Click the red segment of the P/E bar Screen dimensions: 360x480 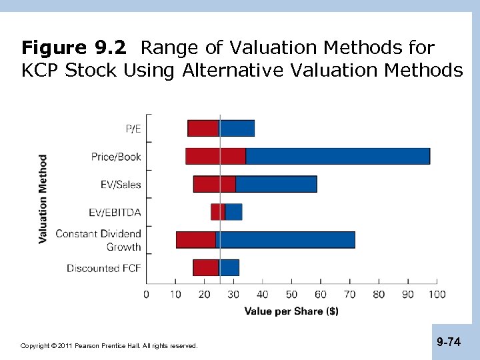[203, 128]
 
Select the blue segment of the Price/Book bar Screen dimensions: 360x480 [337, 156]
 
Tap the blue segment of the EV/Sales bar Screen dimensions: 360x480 [276, 184]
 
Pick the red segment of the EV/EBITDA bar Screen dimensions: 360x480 [217, 212]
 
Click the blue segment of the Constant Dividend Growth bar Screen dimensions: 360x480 [287, 239]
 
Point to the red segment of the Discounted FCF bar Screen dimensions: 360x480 [205, 267]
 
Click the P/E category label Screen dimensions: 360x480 [133, 129]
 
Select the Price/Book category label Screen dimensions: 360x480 [116, 157]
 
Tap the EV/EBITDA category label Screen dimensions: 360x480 [115, 213]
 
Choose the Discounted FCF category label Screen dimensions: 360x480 [104, 268]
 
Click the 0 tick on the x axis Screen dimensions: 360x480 [147, 294]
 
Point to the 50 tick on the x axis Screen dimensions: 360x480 [292, 294]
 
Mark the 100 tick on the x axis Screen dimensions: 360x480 [437, 294]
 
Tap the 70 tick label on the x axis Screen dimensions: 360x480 [350, 294]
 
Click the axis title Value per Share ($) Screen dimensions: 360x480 [291, 311]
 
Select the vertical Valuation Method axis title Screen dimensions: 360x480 [43, 199]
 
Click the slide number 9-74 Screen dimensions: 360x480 [449, 342]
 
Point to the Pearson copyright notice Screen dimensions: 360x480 [109, 346]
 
